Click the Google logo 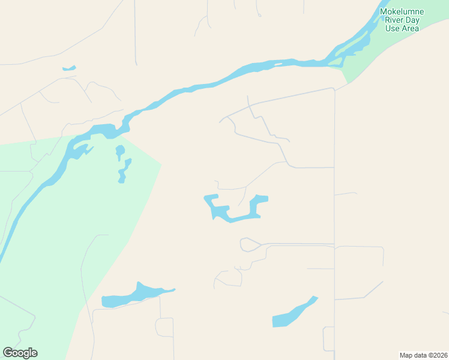point(20,353)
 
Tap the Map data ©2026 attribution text point(423,355)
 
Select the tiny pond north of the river point(69,68)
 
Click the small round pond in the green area point(120,150)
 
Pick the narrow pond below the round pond point(124,171)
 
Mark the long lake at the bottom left point(135,296)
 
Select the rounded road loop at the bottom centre point(164,328)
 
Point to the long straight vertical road point(334,210)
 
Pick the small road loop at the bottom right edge point(328,339)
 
